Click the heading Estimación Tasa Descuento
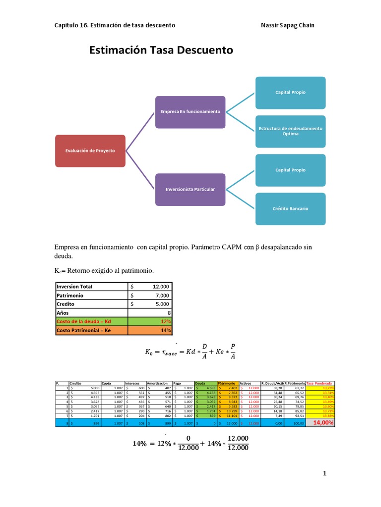pyautogui.click(x=161, y=51)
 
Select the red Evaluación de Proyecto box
pyautogui.click(x=90, y=150)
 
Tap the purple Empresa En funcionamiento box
pyautogui.click(x=190, y=111)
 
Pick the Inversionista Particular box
pyautogui.click(x=190, y=189)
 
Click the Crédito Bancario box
pyautogui.click(x=290, y=208)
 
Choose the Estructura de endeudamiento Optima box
pyautogui.click(x=290, y=131)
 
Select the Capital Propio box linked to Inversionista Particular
pyautogui.click(x=290, y=170)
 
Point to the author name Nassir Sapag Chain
pyautogui.click(x=287, y=25)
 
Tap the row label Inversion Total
pyautogui.click(x=74, y=286)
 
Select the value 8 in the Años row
pyautogui.click(x=169, y=313)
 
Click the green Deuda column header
pyautogui.click(x=200, y=383)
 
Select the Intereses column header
pyautogui.click(x=132, y=383)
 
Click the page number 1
pyautogui.click(x=325, y=474)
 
